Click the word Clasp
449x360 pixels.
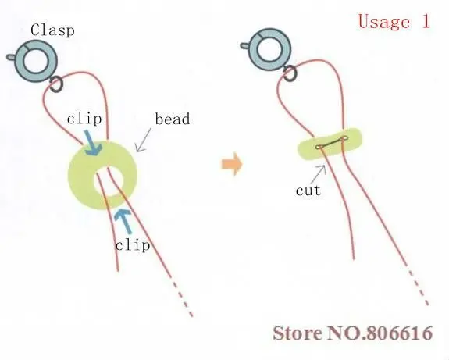[x=52, y=30]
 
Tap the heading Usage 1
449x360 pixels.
[x=394, y=22]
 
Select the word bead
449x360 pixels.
[x=173, y=119]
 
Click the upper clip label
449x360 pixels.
[x=84, y=119]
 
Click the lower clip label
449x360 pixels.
[x=133, y=245]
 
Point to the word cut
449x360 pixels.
[x=308, y=191]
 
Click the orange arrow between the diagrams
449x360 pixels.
[x=232, y=164]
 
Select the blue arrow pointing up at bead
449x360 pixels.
[x=123, y=221]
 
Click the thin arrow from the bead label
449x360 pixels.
[x=143, y=140]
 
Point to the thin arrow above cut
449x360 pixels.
[x=319, y=173]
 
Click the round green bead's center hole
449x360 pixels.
[x=109, y=180]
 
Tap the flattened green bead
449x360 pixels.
[x=330, y=143]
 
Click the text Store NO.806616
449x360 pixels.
[x=353, y=333]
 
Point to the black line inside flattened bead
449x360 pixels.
[x=332, y=142]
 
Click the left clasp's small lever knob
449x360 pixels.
[x=11, y=57]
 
